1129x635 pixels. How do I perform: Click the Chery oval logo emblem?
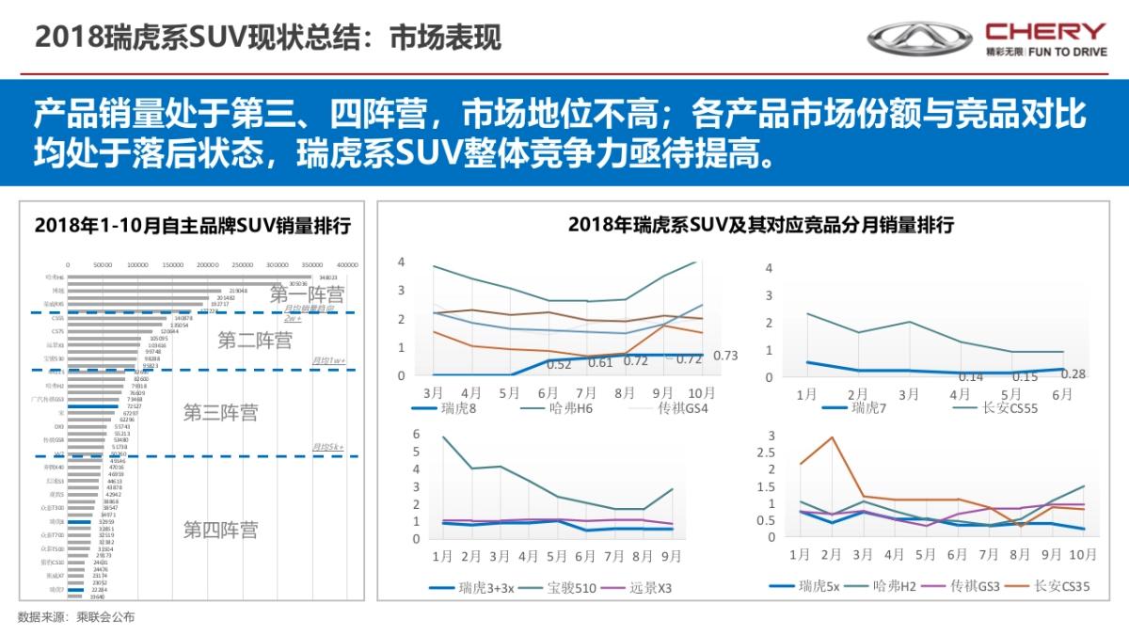point(919,38)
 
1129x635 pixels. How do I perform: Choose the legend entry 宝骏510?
point(564,589)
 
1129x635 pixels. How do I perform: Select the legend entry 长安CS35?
point(1061,586)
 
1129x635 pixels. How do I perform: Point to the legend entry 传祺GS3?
point(967,586)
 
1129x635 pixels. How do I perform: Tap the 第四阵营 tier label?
point(220,530)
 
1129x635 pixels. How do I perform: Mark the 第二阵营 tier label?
point(254,340)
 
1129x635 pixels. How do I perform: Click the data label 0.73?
point(725,356)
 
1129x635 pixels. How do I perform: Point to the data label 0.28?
point(1074,374)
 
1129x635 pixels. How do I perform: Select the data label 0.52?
point(560,364)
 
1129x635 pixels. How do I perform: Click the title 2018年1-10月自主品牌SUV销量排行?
point(192,226)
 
